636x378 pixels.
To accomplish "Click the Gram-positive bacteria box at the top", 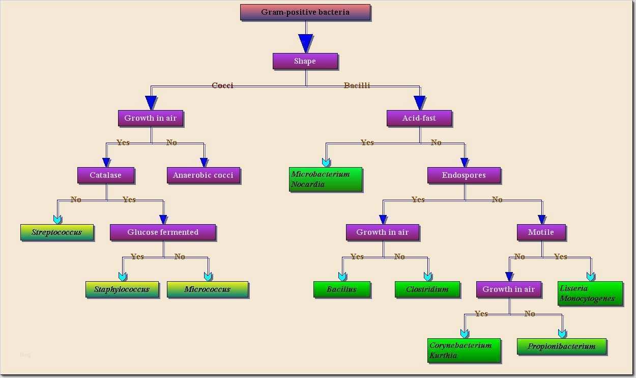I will point(305,12).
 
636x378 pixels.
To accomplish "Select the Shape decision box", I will point(305,61).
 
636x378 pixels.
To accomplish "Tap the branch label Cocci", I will point(222,86).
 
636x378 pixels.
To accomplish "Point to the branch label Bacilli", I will point(357,86).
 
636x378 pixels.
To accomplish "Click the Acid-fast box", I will point(419,118).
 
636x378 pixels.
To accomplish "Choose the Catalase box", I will point(106,175).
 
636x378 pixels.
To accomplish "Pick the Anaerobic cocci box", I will point(203,175).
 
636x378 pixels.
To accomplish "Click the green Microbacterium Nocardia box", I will point(326,179).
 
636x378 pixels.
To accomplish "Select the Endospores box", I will point(464,175).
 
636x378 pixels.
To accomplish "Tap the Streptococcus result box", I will point(57,232).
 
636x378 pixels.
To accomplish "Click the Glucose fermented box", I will point(163,232).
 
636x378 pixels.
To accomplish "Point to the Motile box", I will point(541,232).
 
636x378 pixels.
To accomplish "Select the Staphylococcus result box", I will point(122,289).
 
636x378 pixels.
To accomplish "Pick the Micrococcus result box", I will point(208,289).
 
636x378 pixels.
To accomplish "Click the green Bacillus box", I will point(341,289).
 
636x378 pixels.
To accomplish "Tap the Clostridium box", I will point(427,289).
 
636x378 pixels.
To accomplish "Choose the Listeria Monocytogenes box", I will point(590,293).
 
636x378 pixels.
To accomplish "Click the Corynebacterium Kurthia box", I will point(464,350).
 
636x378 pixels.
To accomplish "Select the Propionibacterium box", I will point(562,346).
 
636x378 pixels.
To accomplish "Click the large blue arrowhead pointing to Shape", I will point(305,43).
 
